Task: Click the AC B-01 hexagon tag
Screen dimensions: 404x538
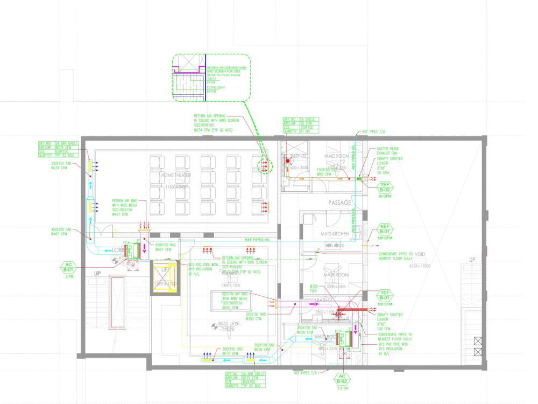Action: pyautogui.click(x=68, y=268)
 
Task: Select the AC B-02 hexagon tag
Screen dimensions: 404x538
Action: pyautogui.click(x=341, y=379)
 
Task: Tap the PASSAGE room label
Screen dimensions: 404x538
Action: pyautogui.click(x=339, y=203)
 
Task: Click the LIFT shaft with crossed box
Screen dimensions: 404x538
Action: pyautogui.click(x=165, y=277)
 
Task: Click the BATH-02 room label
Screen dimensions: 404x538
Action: pyautogui.click(x=299, y=156)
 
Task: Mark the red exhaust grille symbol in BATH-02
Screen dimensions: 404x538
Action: pyautogui.click(x=288, y=161)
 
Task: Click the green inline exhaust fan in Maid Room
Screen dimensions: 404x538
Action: pyautogui.click(x=359, y=178)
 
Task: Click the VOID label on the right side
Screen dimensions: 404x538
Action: pyautogui.click(x=420, y=254)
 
